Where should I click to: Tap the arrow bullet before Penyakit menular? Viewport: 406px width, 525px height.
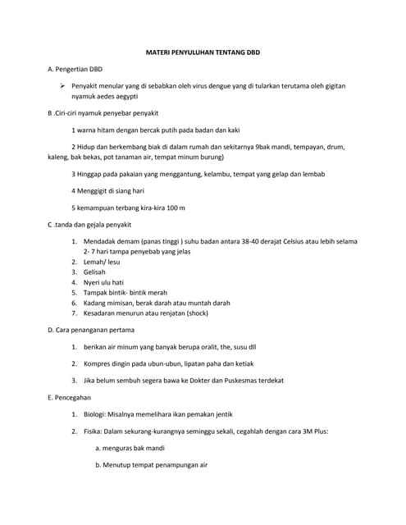[62, 85]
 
